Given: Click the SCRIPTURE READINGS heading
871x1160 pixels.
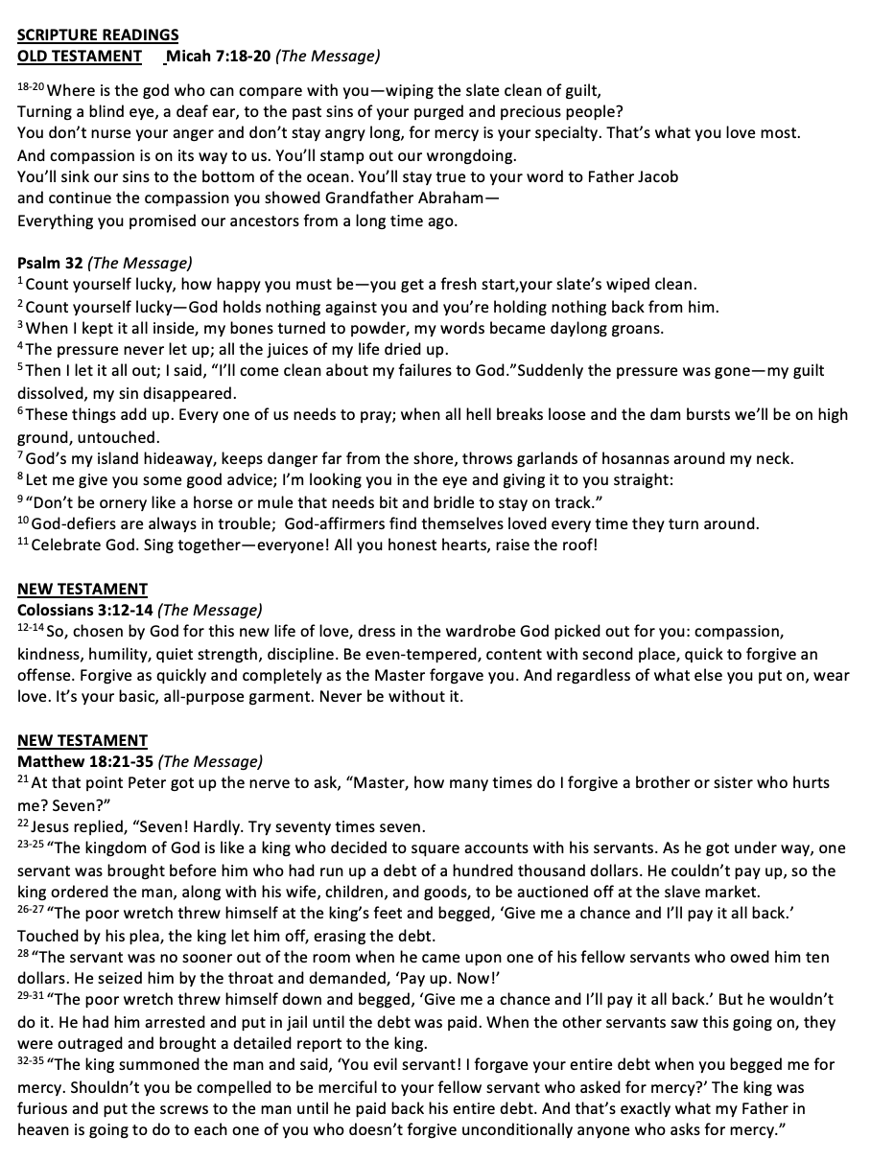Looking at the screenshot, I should click(97, 35).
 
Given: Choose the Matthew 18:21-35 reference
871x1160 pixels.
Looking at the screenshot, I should click(85, 761).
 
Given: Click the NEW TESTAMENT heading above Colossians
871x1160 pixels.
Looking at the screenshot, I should click(82, 590).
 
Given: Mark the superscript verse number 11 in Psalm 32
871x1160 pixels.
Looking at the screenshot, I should click(23, 543).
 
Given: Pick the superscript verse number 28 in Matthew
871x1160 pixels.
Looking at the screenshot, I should click(24, 955).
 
